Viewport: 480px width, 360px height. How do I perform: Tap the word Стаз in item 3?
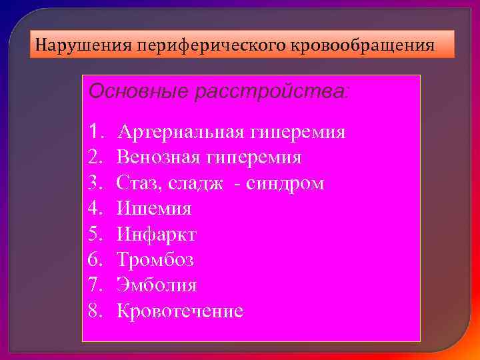pos(138,183)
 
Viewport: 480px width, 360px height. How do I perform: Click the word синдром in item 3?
pos(285,183)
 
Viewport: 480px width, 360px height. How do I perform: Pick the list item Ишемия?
pos(154,209)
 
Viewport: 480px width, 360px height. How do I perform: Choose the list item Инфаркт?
pos(157,235)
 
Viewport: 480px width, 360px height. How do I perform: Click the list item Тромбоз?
pos(155,260)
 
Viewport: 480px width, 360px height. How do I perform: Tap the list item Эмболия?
pos(157,285)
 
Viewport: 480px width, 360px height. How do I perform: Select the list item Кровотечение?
pos(180,311)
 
